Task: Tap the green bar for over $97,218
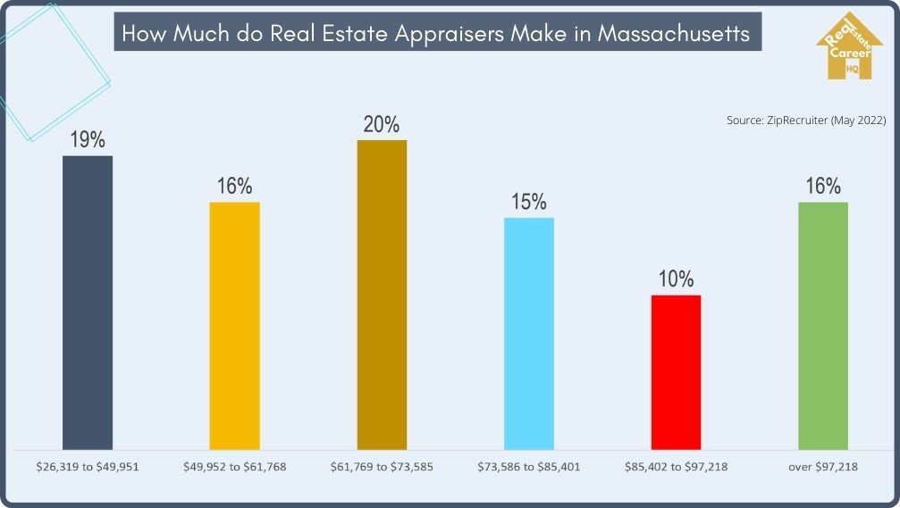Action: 822,325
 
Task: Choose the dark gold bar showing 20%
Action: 382,294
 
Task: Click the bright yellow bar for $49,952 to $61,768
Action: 234,325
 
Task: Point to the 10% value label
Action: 676,279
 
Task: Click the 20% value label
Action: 382,124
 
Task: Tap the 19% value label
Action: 88,140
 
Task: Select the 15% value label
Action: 529,202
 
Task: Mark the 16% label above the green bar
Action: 822,187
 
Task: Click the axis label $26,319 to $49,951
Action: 88,466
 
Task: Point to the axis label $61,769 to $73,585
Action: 382,466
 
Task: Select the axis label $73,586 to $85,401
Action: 529,466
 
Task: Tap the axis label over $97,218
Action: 822,466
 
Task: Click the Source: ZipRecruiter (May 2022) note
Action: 805,120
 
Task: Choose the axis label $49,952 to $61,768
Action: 234,466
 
